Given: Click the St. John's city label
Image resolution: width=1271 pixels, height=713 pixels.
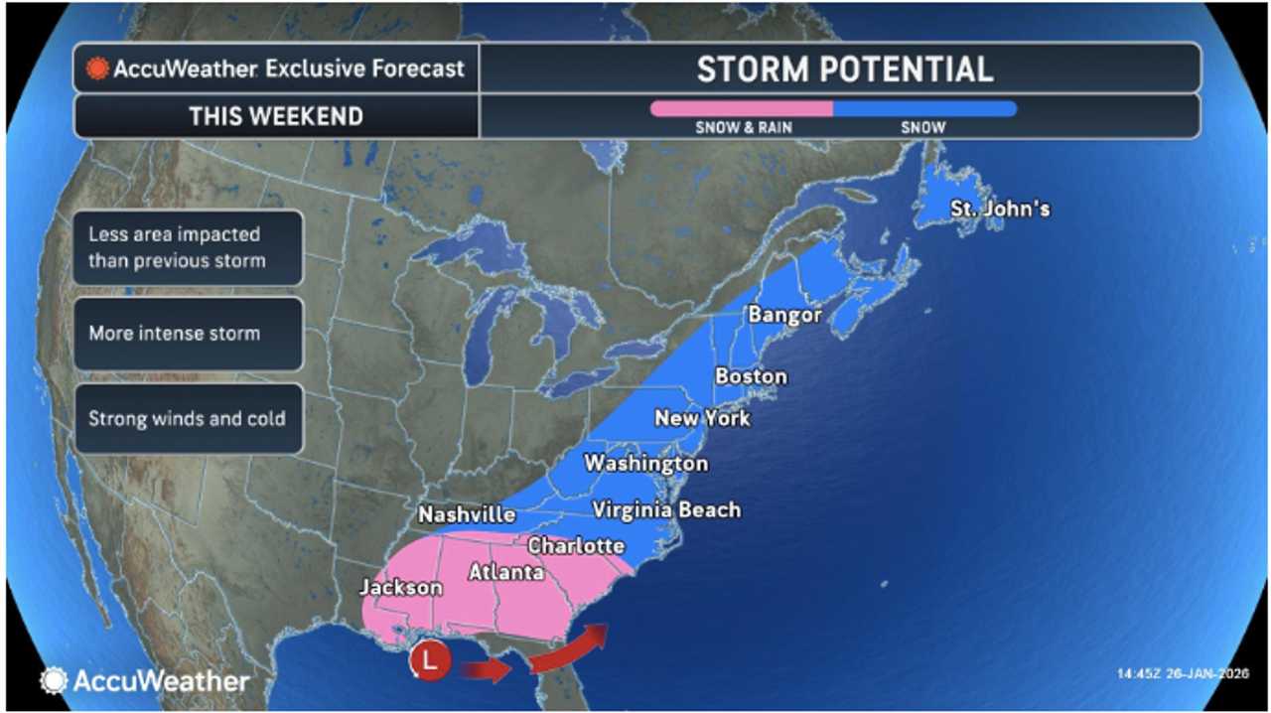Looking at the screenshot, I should (x=999, y=210).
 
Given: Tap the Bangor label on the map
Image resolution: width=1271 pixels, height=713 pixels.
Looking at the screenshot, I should (x=784, y=316).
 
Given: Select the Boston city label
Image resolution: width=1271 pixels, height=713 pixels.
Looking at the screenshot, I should (x=751, y=376).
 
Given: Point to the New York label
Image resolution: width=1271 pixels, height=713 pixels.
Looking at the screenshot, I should (x=702, y=418).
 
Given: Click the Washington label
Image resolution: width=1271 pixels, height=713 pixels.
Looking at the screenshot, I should (x=645, y=464).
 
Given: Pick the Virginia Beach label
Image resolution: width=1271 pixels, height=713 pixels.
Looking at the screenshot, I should (x=666, y=510).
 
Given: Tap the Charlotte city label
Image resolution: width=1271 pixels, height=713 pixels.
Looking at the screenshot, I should (x=576, y=545).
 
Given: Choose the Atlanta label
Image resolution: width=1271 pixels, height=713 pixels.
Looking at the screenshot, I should (x=505, y=572).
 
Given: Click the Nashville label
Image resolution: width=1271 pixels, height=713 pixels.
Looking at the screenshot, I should (x=467, y=514).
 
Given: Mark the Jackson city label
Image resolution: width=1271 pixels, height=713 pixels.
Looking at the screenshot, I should (x=400, y=588).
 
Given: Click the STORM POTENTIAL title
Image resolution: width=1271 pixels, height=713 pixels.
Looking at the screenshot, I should (x=844, y=70).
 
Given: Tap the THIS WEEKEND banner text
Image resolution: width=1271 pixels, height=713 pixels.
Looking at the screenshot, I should (x=276, y=116).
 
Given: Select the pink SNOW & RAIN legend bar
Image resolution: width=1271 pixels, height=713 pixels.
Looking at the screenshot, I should (x=741, y=109).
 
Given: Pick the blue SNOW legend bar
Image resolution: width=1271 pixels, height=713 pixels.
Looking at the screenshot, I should (x=924, y=109).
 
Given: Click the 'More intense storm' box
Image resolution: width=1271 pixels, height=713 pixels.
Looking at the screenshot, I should (x=187, y=334).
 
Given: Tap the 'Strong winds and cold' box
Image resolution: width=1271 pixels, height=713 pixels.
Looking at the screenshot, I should (x=187, y=418).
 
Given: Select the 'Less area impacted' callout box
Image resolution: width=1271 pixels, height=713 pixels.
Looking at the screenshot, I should (x=187, y=248).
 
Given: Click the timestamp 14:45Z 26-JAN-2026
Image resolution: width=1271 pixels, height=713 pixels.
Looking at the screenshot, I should (x=1183, y=673).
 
